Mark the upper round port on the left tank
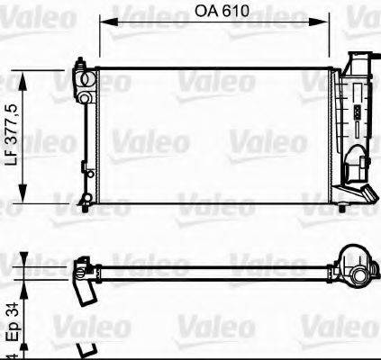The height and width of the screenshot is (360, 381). [86, 79]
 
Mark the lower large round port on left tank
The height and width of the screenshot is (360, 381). [86, 96]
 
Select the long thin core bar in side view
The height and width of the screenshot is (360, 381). [216, 268]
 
